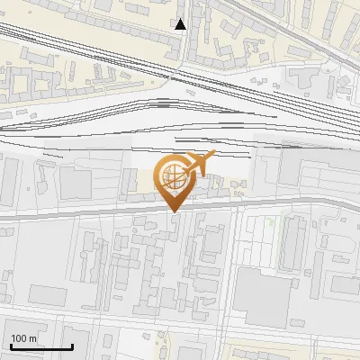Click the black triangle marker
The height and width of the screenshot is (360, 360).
tap(181, 24)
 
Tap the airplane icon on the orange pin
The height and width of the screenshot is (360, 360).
tap(201, 164)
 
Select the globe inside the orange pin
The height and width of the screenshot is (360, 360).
tap(171, 177)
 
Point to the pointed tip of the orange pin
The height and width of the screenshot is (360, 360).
tap(175, 211)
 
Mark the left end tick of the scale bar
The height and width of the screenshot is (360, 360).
tap(11, 346)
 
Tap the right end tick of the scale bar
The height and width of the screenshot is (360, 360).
tap(72, 346)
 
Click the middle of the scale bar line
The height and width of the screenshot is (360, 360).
tap(41, 347)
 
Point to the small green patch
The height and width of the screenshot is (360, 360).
tap(269, 221)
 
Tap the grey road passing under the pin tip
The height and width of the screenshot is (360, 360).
tap(135, 212)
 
